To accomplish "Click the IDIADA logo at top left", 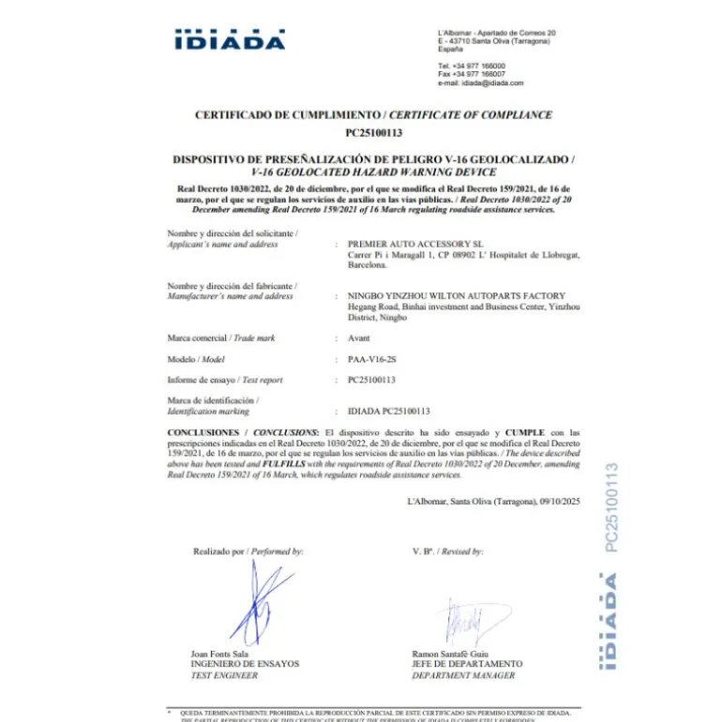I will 229,40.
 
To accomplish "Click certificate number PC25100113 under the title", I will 373,132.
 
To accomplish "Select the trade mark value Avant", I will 359,338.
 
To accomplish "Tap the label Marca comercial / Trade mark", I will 221,338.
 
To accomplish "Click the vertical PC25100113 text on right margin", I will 611,507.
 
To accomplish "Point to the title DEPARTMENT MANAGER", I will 463,675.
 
